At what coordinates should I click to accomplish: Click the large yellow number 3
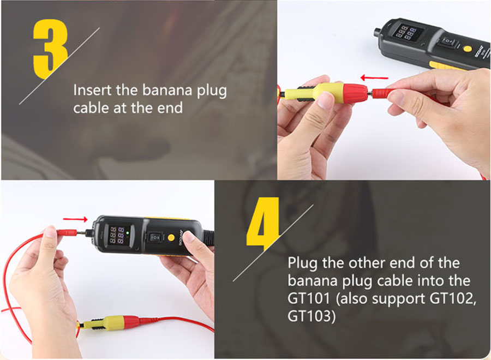click(50, 49)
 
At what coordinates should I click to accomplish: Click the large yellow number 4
click(263, 223)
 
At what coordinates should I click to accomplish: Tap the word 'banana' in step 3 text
click(167, 90)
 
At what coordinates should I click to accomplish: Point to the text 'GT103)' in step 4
click(312, 316)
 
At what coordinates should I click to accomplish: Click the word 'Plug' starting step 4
click(303, 263)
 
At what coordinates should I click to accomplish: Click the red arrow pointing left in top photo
click(374, 77)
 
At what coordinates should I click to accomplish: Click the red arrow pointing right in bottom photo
click(75, 219)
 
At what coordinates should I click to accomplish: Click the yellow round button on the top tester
click(468, 49)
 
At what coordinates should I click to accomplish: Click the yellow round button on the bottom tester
click(171, 237)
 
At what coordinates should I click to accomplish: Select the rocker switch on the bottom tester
click(155, 237)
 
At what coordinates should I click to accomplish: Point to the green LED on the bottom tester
click(128, 233)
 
